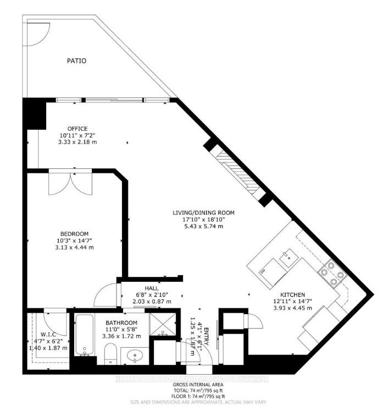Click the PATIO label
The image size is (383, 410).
[77, 61]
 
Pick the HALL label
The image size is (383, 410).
[152, 288]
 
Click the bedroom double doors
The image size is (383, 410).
[69, 183]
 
